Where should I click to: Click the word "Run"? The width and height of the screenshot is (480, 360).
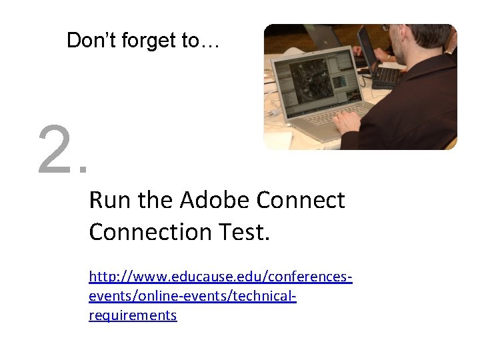click(x=105, y=200)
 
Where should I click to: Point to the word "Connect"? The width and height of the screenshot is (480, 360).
click(x=301, y=200)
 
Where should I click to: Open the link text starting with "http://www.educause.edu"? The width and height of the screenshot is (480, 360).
click(x=220, y=275)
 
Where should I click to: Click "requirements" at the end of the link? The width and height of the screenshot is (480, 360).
click(x=133, y=315)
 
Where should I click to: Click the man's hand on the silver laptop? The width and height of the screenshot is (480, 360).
click(x=348, y=122)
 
